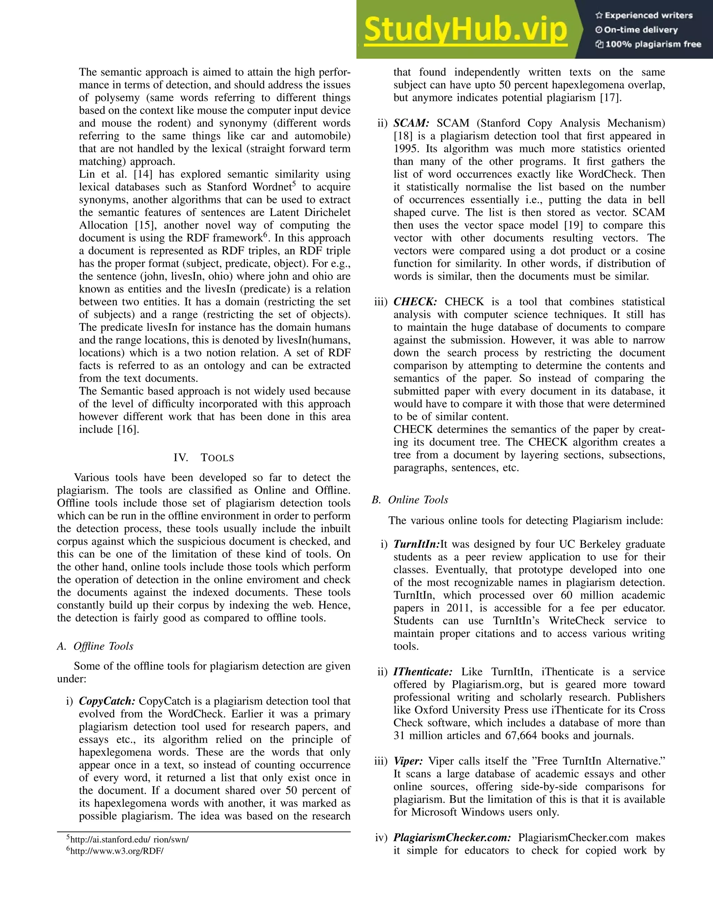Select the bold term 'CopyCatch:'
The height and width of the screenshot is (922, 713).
pyautogui.click(x=107, y=701)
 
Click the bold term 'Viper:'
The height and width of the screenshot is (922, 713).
pyautogui.click(x=408, y=761)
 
